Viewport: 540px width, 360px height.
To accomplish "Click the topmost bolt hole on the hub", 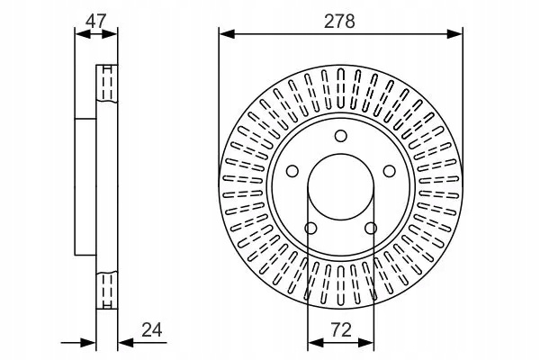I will pos(340,136).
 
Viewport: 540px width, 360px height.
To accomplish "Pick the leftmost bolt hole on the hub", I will pos(291,172).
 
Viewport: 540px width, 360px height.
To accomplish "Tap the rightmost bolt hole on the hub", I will pos(390,172).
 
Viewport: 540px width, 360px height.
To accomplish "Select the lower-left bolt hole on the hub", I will pos(310,229).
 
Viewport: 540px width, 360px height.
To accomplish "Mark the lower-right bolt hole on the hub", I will pos(371,229).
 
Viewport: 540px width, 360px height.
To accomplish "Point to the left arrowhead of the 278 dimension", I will pos(225,34).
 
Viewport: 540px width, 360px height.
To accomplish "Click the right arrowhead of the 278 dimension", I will pos(456,34).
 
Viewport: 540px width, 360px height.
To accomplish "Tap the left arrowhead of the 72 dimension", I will pos(313,341).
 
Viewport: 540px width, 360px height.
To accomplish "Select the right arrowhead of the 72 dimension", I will pos(367,341).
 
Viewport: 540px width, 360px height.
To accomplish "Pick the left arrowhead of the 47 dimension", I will pos(79,34).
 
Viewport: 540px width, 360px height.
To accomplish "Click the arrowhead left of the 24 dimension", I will pos(90,341).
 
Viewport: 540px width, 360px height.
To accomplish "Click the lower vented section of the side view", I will pos(106,289).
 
